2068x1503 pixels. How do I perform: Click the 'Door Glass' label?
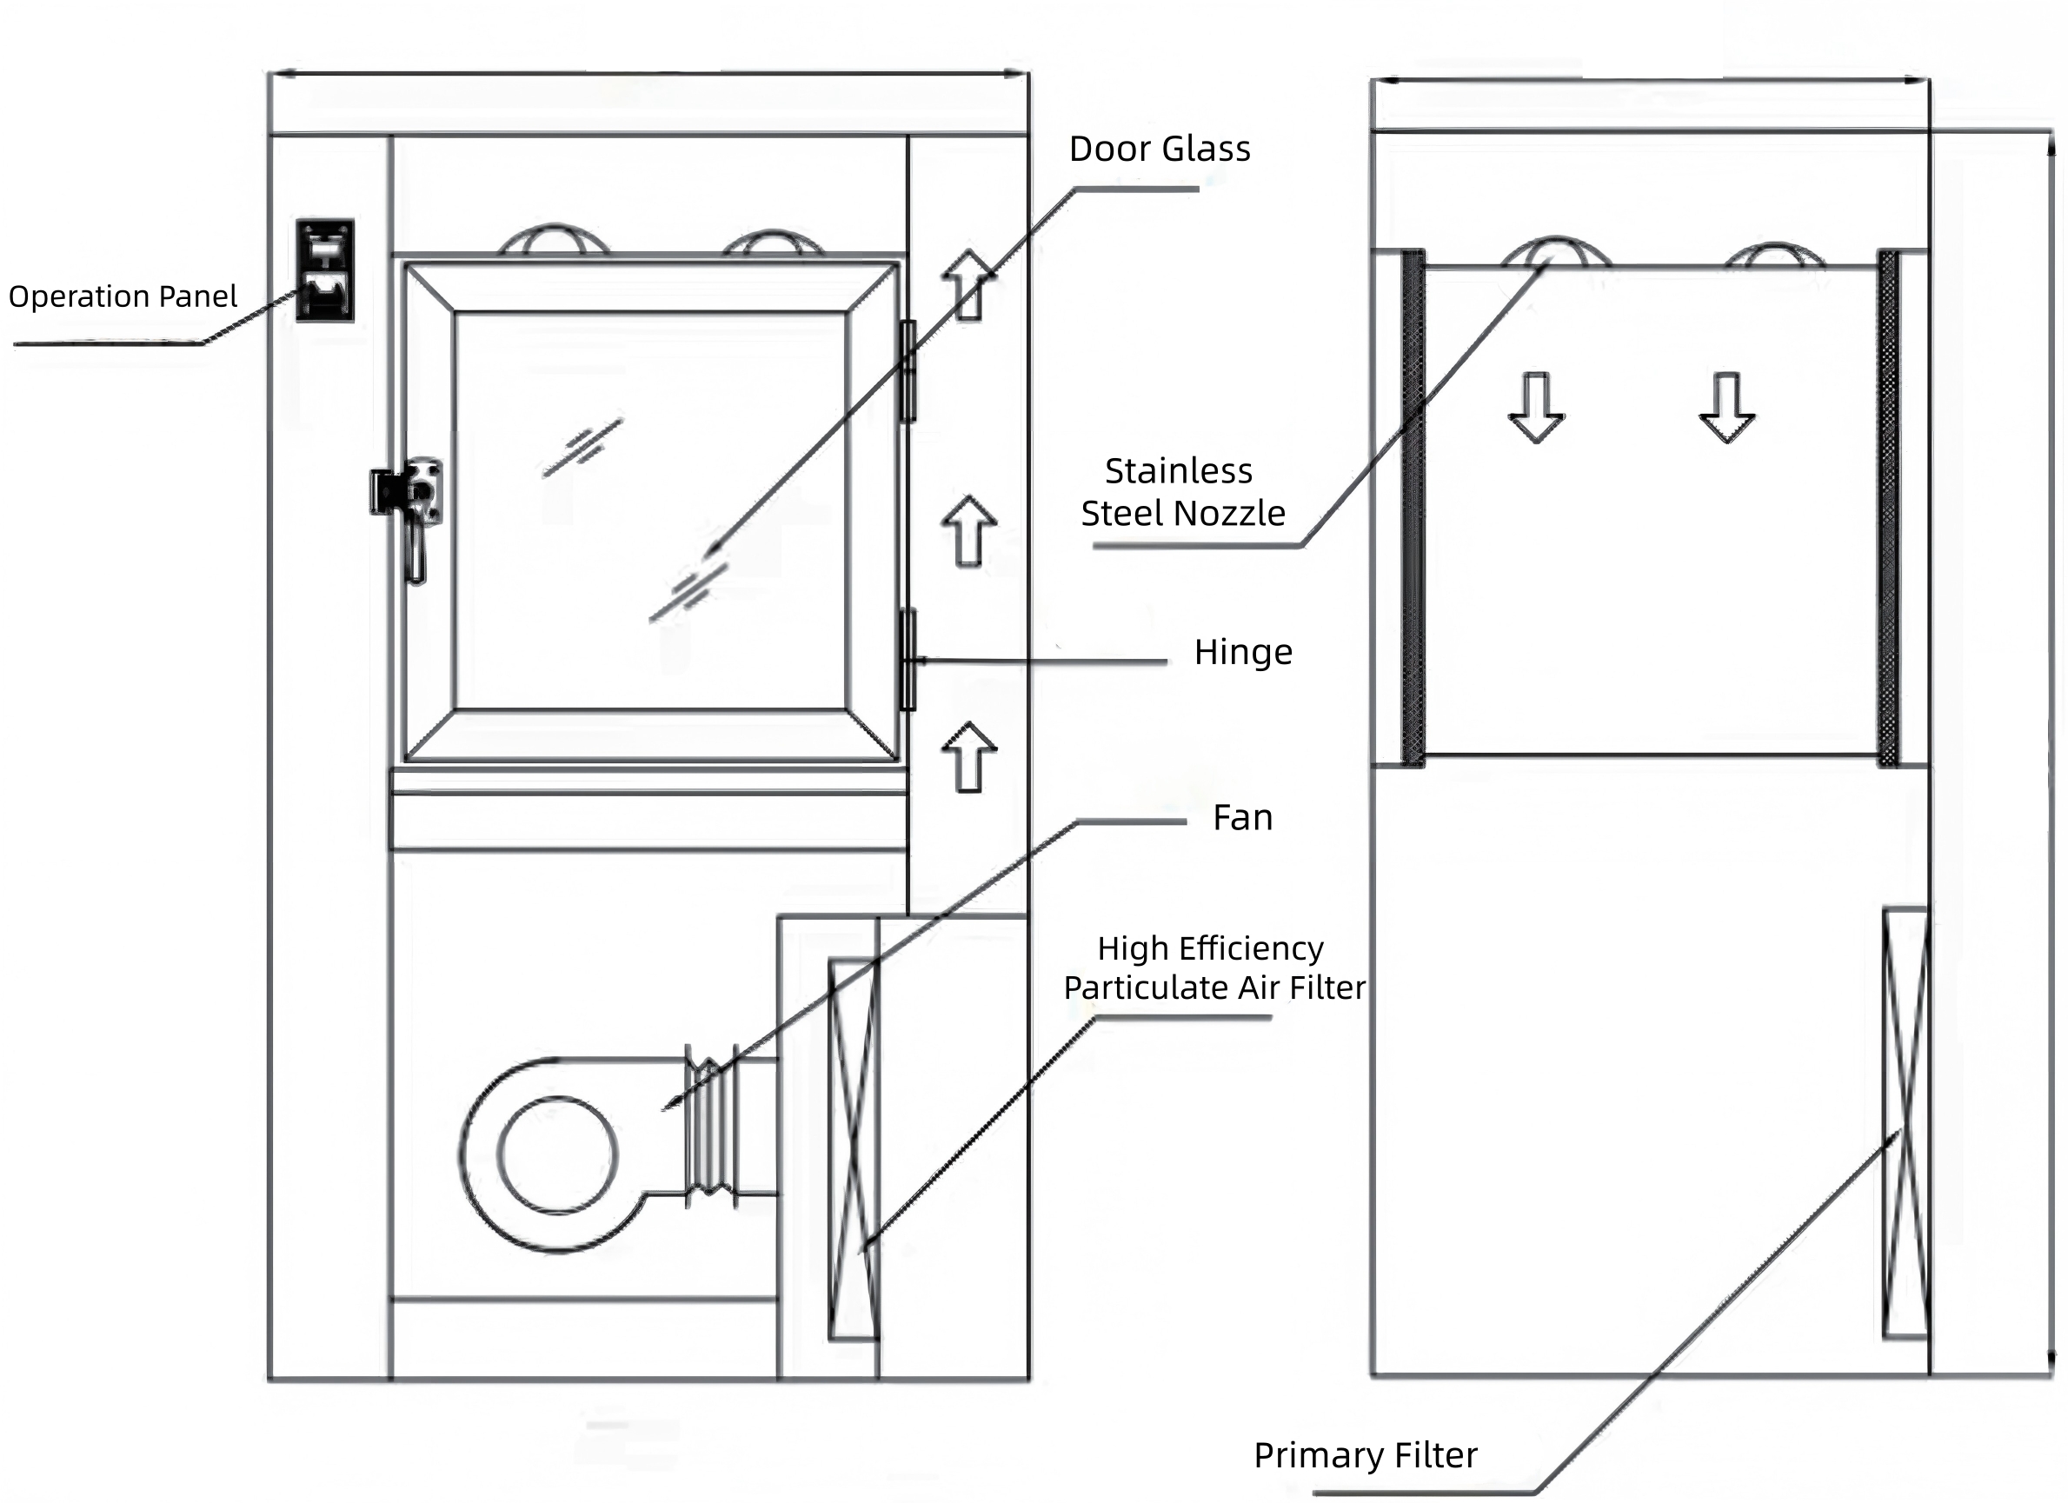(x=1159, y=149)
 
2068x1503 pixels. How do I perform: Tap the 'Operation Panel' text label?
(x=123, y=296)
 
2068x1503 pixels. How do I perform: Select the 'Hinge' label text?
(x=1243, y=653)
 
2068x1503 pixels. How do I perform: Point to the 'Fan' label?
(x=1242, y=817)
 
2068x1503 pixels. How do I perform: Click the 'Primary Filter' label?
(x=1365, y=1455)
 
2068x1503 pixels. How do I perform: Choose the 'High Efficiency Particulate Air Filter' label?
(x=1214, y=968)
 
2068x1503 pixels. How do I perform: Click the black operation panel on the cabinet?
(x=324, y=270)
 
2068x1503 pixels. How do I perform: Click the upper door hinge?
(x=908, y=371)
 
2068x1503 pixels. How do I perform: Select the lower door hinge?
(x=908, y=660)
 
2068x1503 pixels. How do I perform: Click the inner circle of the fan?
(x=557, y=1154)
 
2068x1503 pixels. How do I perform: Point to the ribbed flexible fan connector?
(x=711, y=1127)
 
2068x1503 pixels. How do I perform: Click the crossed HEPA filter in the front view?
(x=854, y=1149)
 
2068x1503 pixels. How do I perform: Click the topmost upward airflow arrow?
(x=968, y=284)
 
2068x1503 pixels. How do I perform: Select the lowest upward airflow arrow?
(x=968, y=757)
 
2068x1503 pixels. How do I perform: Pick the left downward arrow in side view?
(x=1536, y=408)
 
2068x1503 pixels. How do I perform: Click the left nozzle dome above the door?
(x=555, y=239)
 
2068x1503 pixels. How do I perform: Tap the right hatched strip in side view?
(x=1888, y=508)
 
